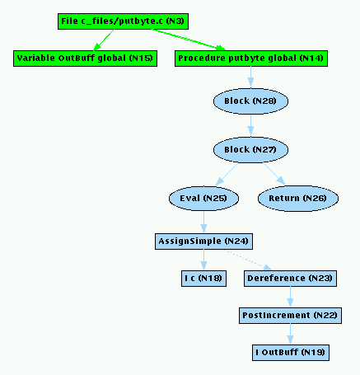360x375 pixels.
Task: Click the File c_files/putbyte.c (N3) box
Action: (123, 21)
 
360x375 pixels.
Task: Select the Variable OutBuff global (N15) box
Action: (85, 59)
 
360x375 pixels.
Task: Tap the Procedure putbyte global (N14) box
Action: (251, 59)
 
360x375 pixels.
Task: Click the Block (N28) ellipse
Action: (250, 101)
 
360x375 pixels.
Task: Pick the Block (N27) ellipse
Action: (250, 150)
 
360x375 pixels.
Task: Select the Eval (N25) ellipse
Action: (203, 199)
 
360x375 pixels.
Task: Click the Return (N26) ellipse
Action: (298, 199)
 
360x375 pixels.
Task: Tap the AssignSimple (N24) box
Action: (203, 241)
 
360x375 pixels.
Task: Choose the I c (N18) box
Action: (203, 279)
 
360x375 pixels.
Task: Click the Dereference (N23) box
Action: (290, 279)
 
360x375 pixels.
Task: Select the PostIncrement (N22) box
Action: (290, 316)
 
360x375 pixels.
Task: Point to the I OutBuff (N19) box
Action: (291, 353)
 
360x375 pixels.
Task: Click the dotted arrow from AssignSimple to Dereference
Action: (248, 260)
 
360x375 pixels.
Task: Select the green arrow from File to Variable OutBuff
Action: (103, 40)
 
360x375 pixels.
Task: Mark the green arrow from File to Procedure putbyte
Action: (189, 40)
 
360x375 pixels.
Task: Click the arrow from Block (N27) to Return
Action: (274, 174)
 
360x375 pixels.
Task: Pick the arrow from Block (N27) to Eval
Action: (227, 174)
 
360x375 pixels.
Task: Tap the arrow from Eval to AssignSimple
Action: (203, 223)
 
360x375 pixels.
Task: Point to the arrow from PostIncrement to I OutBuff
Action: (290, 334)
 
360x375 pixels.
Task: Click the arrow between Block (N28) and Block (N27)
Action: (250, 125)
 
